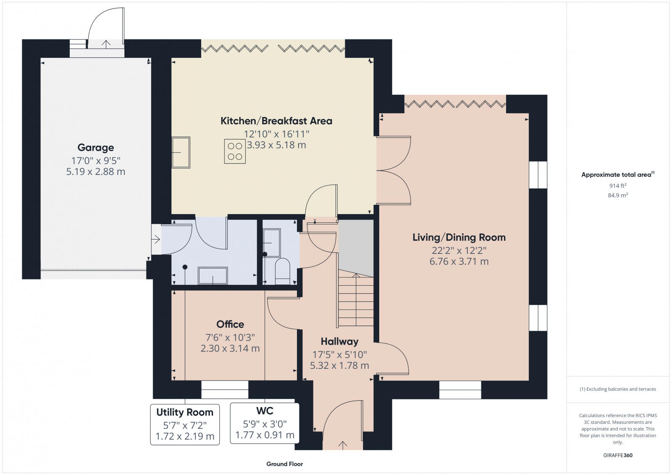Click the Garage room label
click(x=95, y=147)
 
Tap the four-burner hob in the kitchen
click(x=234, y=151)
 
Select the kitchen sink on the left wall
click(x=181, y=152)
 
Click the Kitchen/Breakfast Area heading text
click(x=276, y=121)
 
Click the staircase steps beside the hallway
click(x=356, y=300)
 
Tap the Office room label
click(x=230, y=324)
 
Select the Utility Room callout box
click(x=185, y=424)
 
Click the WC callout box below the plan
click(x=265, y=423)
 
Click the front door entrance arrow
click(x=343, y=445)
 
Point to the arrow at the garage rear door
click(x=106, y=43)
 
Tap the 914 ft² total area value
click(x=618, y=185)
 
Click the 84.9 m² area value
click(x=618, y=195)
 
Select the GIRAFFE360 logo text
click(x=618, y=455)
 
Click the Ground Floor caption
click(x=284, y=464)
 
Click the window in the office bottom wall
click(x=225, y=389)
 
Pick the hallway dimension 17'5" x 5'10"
click(x=339, y=355)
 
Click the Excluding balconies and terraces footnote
click(x=618, y=389)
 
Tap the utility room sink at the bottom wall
click(x=213, y=276)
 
